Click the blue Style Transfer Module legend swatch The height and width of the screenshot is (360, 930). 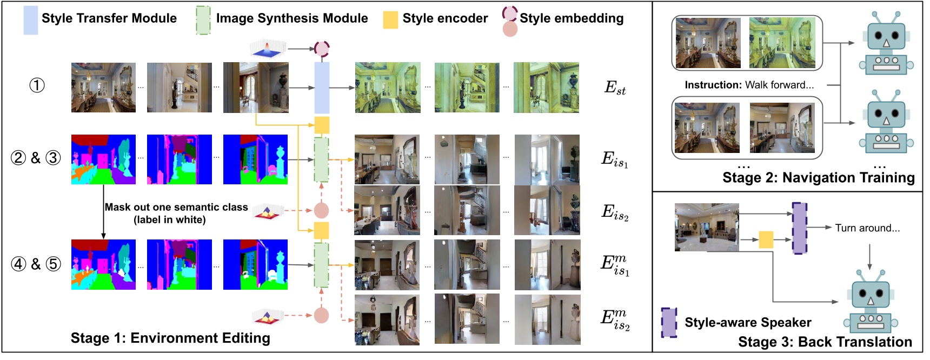pos(31,21)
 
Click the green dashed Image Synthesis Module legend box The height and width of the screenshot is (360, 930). pos(203,21)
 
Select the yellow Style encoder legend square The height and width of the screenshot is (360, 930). pos(390,20)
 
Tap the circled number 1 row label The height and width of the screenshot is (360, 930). pos(37,85)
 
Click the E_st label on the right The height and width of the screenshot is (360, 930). pos(615,88)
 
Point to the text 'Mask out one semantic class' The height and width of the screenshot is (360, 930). pos(176,207)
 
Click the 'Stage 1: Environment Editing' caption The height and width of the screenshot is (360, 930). pos(170,338)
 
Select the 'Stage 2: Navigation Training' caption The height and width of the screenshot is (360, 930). pos(818,178)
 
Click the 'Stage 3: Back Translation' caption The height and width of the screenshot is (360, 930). pos(825,342)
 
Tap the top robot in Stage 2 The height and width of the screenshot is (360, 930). pos(886,44)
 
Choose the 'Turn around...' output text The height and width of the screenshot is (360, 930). pos(867,228)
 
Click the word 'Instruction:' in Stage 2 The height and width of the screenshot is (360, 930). pos(713,85)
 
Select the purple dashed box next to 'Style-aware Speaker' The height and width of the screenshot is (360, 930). pos(669,323)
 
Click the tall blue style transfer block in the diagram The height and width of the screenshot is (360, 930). pos(322,88)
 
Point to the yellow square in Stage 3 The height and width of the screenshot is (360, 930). pos(766,239)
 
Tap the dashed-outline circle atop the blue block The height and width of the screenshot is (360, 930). pos(322,49)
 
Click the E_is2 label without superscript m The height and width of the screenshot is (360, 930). pos(615,212)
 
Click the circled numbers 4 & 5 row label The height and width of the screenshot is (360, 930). pos(36,264)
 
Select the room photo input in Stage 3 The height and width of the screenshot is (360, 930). pos(706,227)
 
